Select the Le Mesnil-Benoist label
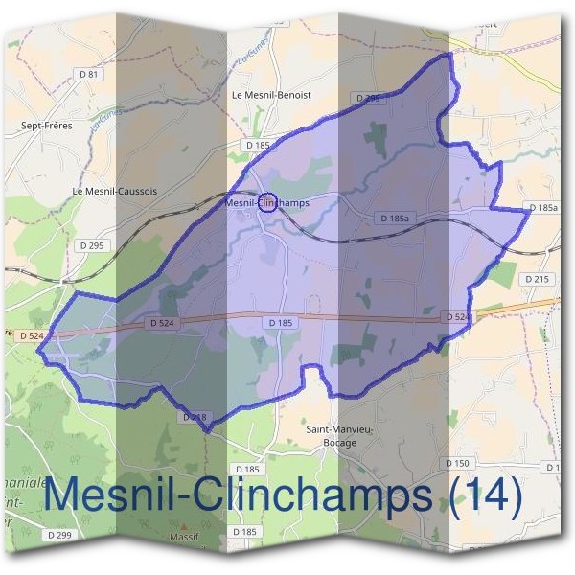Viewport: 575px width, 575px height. pyautogui.click(x=272, y=96)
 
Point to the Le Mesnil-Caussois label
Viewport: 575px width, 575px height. pyautogui.click(x=115, y=191)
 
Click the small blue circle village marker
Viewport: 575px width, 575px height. pyautogui.click(x=269, y=201)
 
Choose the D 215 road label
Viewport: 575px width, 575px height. pyautogui.click(x=538, y=279)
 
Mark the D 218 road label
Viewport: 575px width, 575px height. pyautogui.click(x=194, y=417)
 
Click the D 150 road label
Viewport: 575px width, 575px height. pyautogui.click(x=459, y=463)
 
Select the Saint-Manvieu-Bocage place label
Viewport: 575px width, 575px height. pyautogui.click(x=331, y=436)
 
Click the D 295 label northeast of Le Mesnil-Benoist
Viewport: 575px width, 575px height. pyautogui.click(x=368, y=98)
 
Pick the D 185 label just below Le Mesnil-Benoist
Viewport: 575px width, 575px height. pyautogui.click(x=258, y=145)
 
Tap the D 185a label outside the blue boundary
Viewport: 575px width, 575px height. pyautogui.click(x=542, y=208)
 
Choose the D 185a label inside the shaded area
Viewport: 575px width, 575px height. pyautogui.click(x=394, y=218)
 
